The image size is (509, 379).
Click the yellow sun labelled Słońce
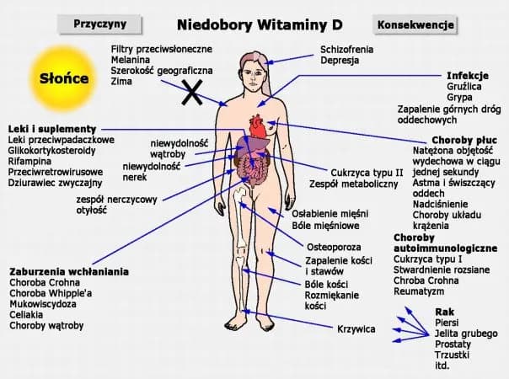(59, 77)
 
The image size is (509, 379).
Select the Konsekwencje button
(415, 24)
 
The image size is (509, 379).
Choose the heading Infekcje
(468, 75)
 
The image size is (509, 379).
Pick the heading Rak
(443, 312)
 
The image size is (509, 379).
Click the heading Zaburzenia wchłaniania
(68, 271)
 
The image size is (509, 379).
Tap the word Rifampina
(29, 161)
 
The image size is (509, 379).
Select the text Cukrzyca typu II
(367, 172)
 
